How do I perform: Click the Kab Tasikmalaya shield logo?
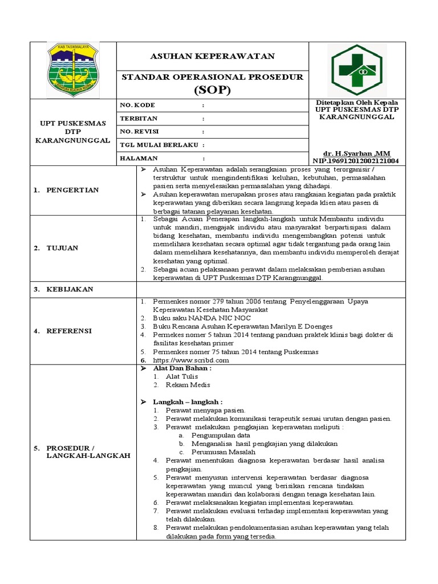click(72, 70)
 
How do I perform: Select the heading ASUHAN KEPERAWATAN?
click(212, 56)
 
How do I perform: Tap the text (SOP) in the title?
click(212, 90)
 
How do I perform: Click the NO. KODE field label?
click(137, 106)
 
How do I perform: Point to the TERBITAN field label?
click(139, 119)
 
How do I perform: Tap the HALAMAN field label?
click(139, 158)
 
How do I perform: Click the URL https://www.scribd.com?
click(190, 360)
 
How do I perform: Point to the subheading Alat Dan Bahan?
click(182, 368)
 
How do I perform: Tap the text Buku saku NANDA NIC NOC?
click(201, 317)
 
